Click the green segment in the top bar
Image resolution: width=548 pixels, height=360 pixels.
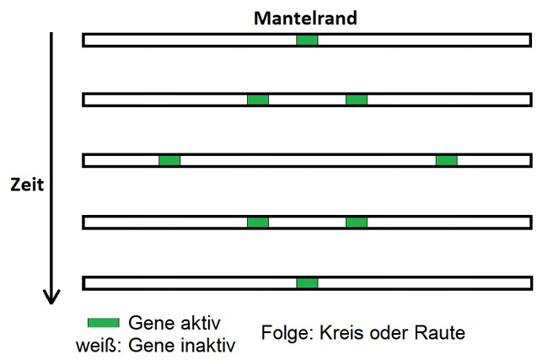click(307, 40)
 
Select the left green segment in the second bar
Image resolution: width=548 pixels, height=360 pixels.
click(258, 99)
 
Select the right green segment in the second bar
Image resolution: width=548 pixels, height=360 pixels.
click(357, 99)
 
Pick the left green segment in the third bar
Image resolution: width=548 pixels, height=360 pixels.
click(169, 160)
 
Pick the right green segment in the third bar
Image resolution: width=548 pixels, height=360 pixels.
click(447, 160)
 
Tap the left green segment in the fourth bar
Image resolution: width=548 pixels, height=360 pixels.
click(258, 222)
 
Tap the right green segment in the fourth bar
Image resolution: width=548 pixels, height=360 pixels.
click(357, 222)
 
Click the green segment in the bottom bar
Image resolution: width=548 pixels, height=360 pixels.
click(307, 282)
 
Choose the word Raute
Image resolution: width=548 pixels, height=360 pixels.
click(442, 332)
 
